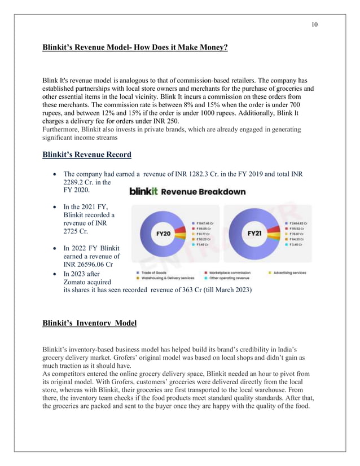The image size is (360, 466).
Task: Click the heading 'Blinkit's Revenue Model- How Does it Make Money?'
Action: (x=135, y=48)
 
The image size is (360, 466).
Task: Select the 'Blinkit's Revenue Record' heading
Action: (x=87, y=155)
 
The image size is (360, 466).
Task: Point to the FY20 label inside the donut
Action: (x=163, y=233)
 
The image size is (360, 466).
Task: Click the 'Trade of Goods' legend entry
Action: (x=153, y=272)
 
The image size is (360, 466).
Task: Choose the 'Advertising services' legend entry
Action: (x=289, y=272)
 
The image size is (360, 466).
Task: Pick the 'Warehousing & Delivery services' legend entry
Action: (x=165, y=278)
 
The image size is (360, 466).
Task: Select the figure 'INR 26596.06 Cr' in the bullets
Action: (x=88, y=265)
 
